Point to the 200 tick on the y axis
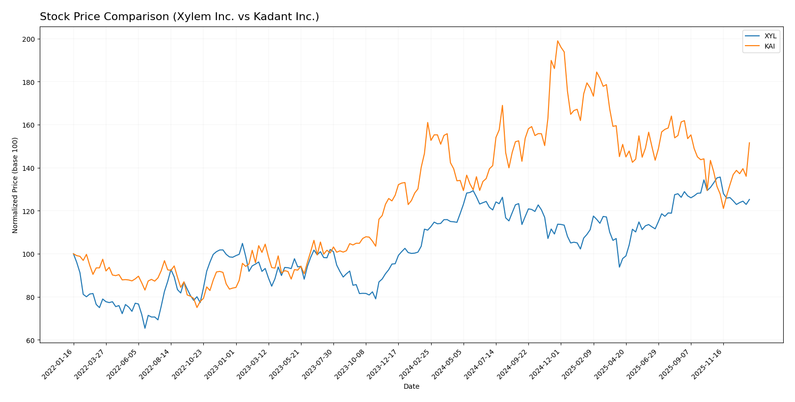click(x=30, y=39)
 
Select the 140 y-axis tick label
click(x=30, y=168)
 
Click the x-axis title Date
click(x=411, y=387)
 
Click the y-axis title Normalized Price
click(x=15, y=186)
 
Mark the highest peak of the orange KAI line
click(x=557, y=41)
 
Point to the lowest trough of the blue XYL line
click(x=145, y=328)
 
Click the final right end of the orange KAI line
click(x=749, y=143)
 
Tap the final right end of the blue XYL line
click(x=749, y=199)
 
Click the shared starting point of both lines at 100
click(x=74, y=254)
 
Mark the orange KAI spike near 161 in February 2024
click(x=428, y=123)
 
